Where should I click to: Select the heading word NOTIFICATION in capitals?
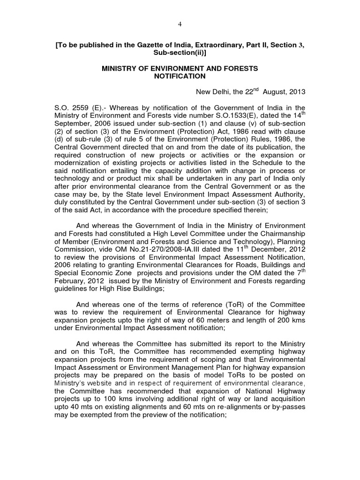tap(180, 76)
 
